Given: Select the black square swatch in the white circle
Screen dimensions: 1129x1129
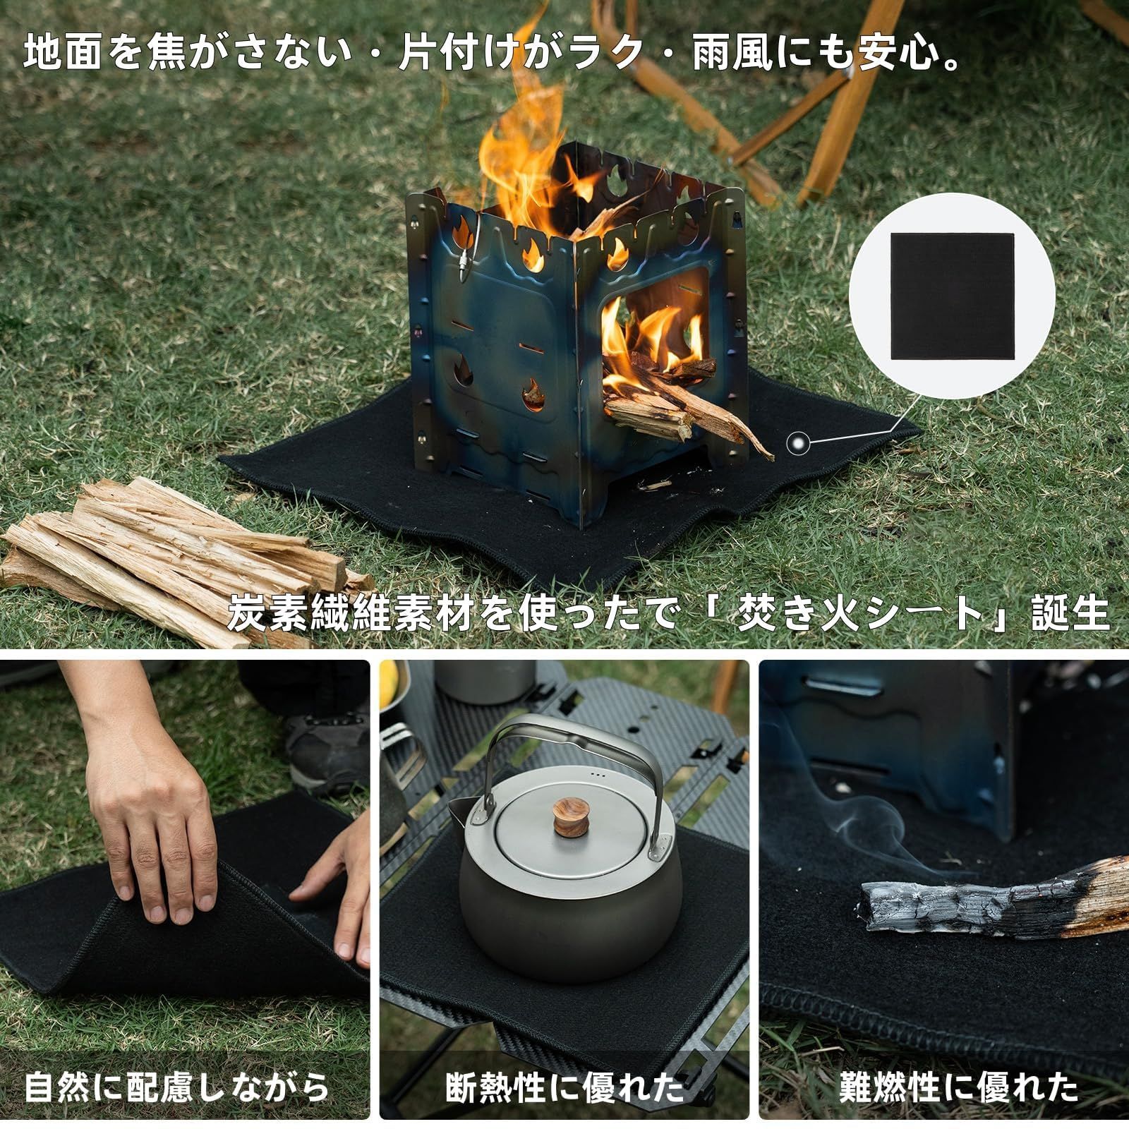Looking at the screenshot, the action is tap(952, 297).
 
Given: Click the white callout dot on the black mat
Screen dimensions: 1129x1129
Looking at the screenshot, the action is tap(797, 443).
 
